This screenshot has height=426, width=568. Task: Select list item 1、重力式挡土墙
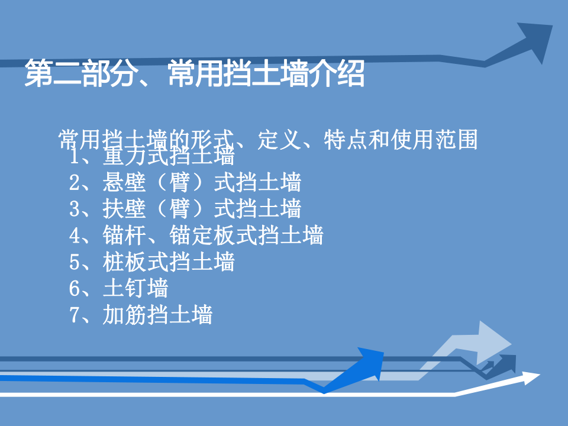click(x=152, y=157)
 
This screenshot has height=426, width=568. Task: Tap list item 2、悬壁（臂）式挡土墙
click(x=185, y=183)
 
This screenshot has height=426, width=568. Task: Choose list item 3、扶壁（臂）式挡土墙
click(x=185, y=209)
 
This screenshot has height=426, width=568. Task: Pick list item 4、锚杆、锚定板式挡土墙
click(x=196, y=235)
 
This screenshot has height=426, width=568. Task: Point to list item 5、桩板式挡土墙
click(x=152, y=261)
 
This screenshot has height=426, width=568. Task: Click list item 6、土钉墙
click(x=119, y=288)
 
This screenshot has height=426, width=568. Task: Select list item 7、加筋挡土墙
click(x=141, y=314)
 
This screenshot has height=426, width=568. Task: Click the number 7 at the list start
click(x=75, y=315)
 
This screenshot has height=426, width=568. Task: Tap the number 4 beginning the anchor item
click(x=75, y=235)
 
